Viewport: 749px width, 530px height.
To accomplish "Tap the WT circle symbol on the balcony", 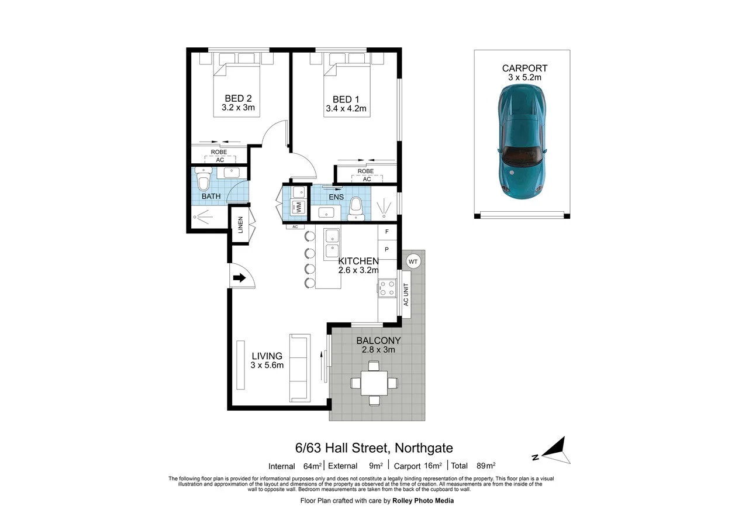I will [x=413, y=261].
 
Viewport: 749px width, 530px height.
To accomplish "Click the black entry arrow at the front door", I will [x=239, y=278].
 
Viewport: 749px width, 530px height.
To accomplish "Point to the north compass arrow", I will [x=553, y=450].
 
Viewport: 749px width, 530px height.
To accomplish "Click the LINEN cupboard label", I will [x=240, y=225].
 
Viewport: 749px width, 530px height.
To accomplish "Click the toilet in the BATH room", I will [x=203, y=181].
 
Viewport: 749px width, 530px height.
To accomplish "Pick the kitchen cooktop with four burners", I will [x=386, y=288].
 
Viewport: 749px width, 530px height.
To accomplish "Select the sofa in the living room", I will [x=299, y=367].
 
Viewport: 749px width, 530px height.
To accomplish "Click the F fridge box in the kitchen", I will [x=386, y=232].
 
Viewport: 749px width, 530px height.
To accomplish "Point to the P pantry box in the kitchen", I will [x=386, y=249].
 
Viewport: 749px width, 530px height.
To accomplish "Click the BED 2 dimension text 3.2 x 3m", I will [x=238, y=108].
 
